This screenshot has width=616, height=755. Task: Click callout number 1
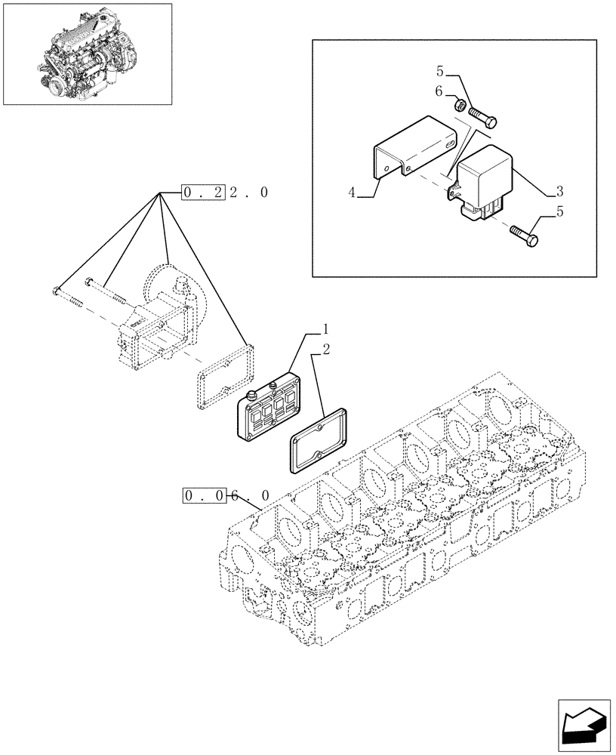325,329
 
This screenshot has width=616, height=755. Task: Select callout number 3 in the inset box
559,190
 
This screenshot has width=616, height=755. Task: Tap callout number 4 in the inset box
353,194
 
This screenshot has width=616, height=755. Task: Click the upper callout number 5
439,72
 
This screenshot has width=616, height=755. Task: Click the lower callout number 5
559,212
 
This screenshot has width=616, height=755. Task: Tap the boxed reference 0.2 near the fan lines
204,193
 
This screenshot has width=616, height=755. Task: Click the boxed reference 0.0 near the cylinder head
205,495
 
